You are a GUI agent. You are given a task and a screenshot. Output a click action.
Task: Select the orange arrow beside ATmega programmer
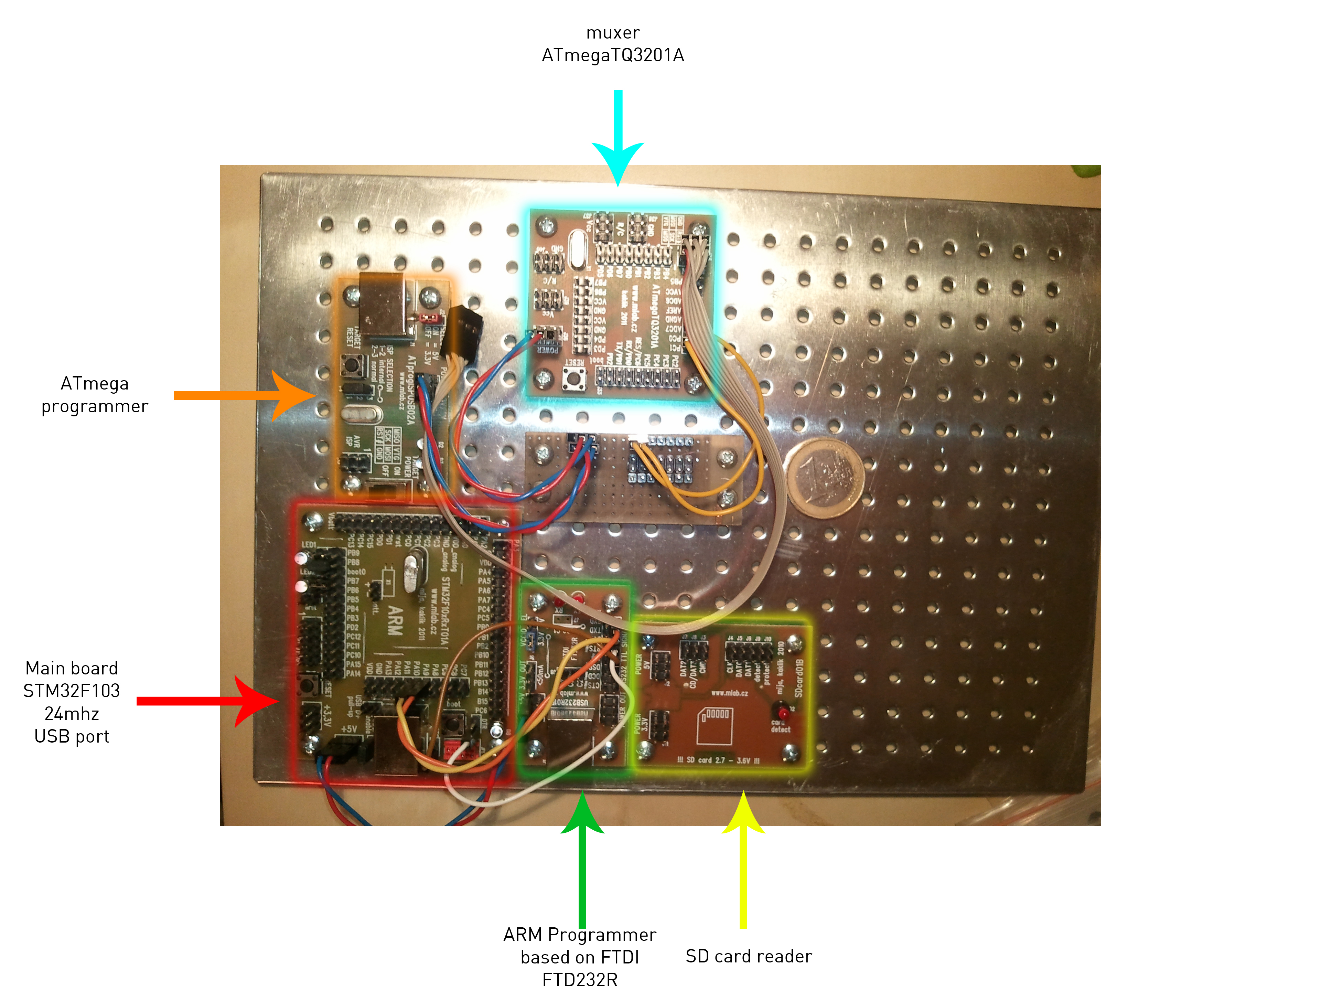[x=251, y=395]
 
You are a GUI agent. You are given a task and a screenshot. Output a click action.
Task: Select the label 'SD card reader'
[x=748, y=956]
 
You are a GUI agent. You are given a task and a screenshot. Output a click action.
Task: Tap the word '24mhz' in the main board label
[x=72, y=714]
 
